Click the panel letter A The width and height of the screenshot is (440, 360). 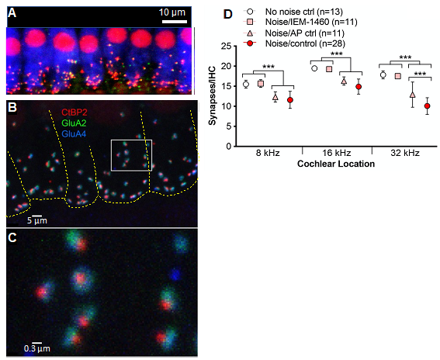coord(12,12)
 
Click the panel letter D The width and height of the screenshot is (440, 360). coord(228,14)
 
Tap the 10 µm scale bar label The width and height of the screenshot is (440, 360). coord(172,12)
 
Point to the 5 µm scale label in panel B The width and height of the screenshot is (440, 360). coord(36,220)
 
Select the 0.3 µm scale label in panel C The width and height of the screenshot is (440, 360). coord(36,348)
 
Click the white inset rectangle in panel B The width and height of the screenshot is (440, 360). coord(132,140)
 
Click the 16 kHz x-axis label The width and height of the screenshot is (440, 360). coord(336,153)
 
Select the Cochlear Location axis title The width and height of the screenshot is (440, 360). coord(336,164)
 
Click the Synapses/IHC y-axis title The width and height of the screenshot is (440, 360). coord(213,95)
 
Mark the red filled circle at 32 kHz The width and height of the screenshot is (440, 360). coord(427,106)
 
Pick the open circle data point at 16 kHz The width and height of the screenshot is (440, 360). coord(314,68)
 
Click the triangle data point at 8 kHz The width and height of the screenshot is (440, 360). coord(275,97)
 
